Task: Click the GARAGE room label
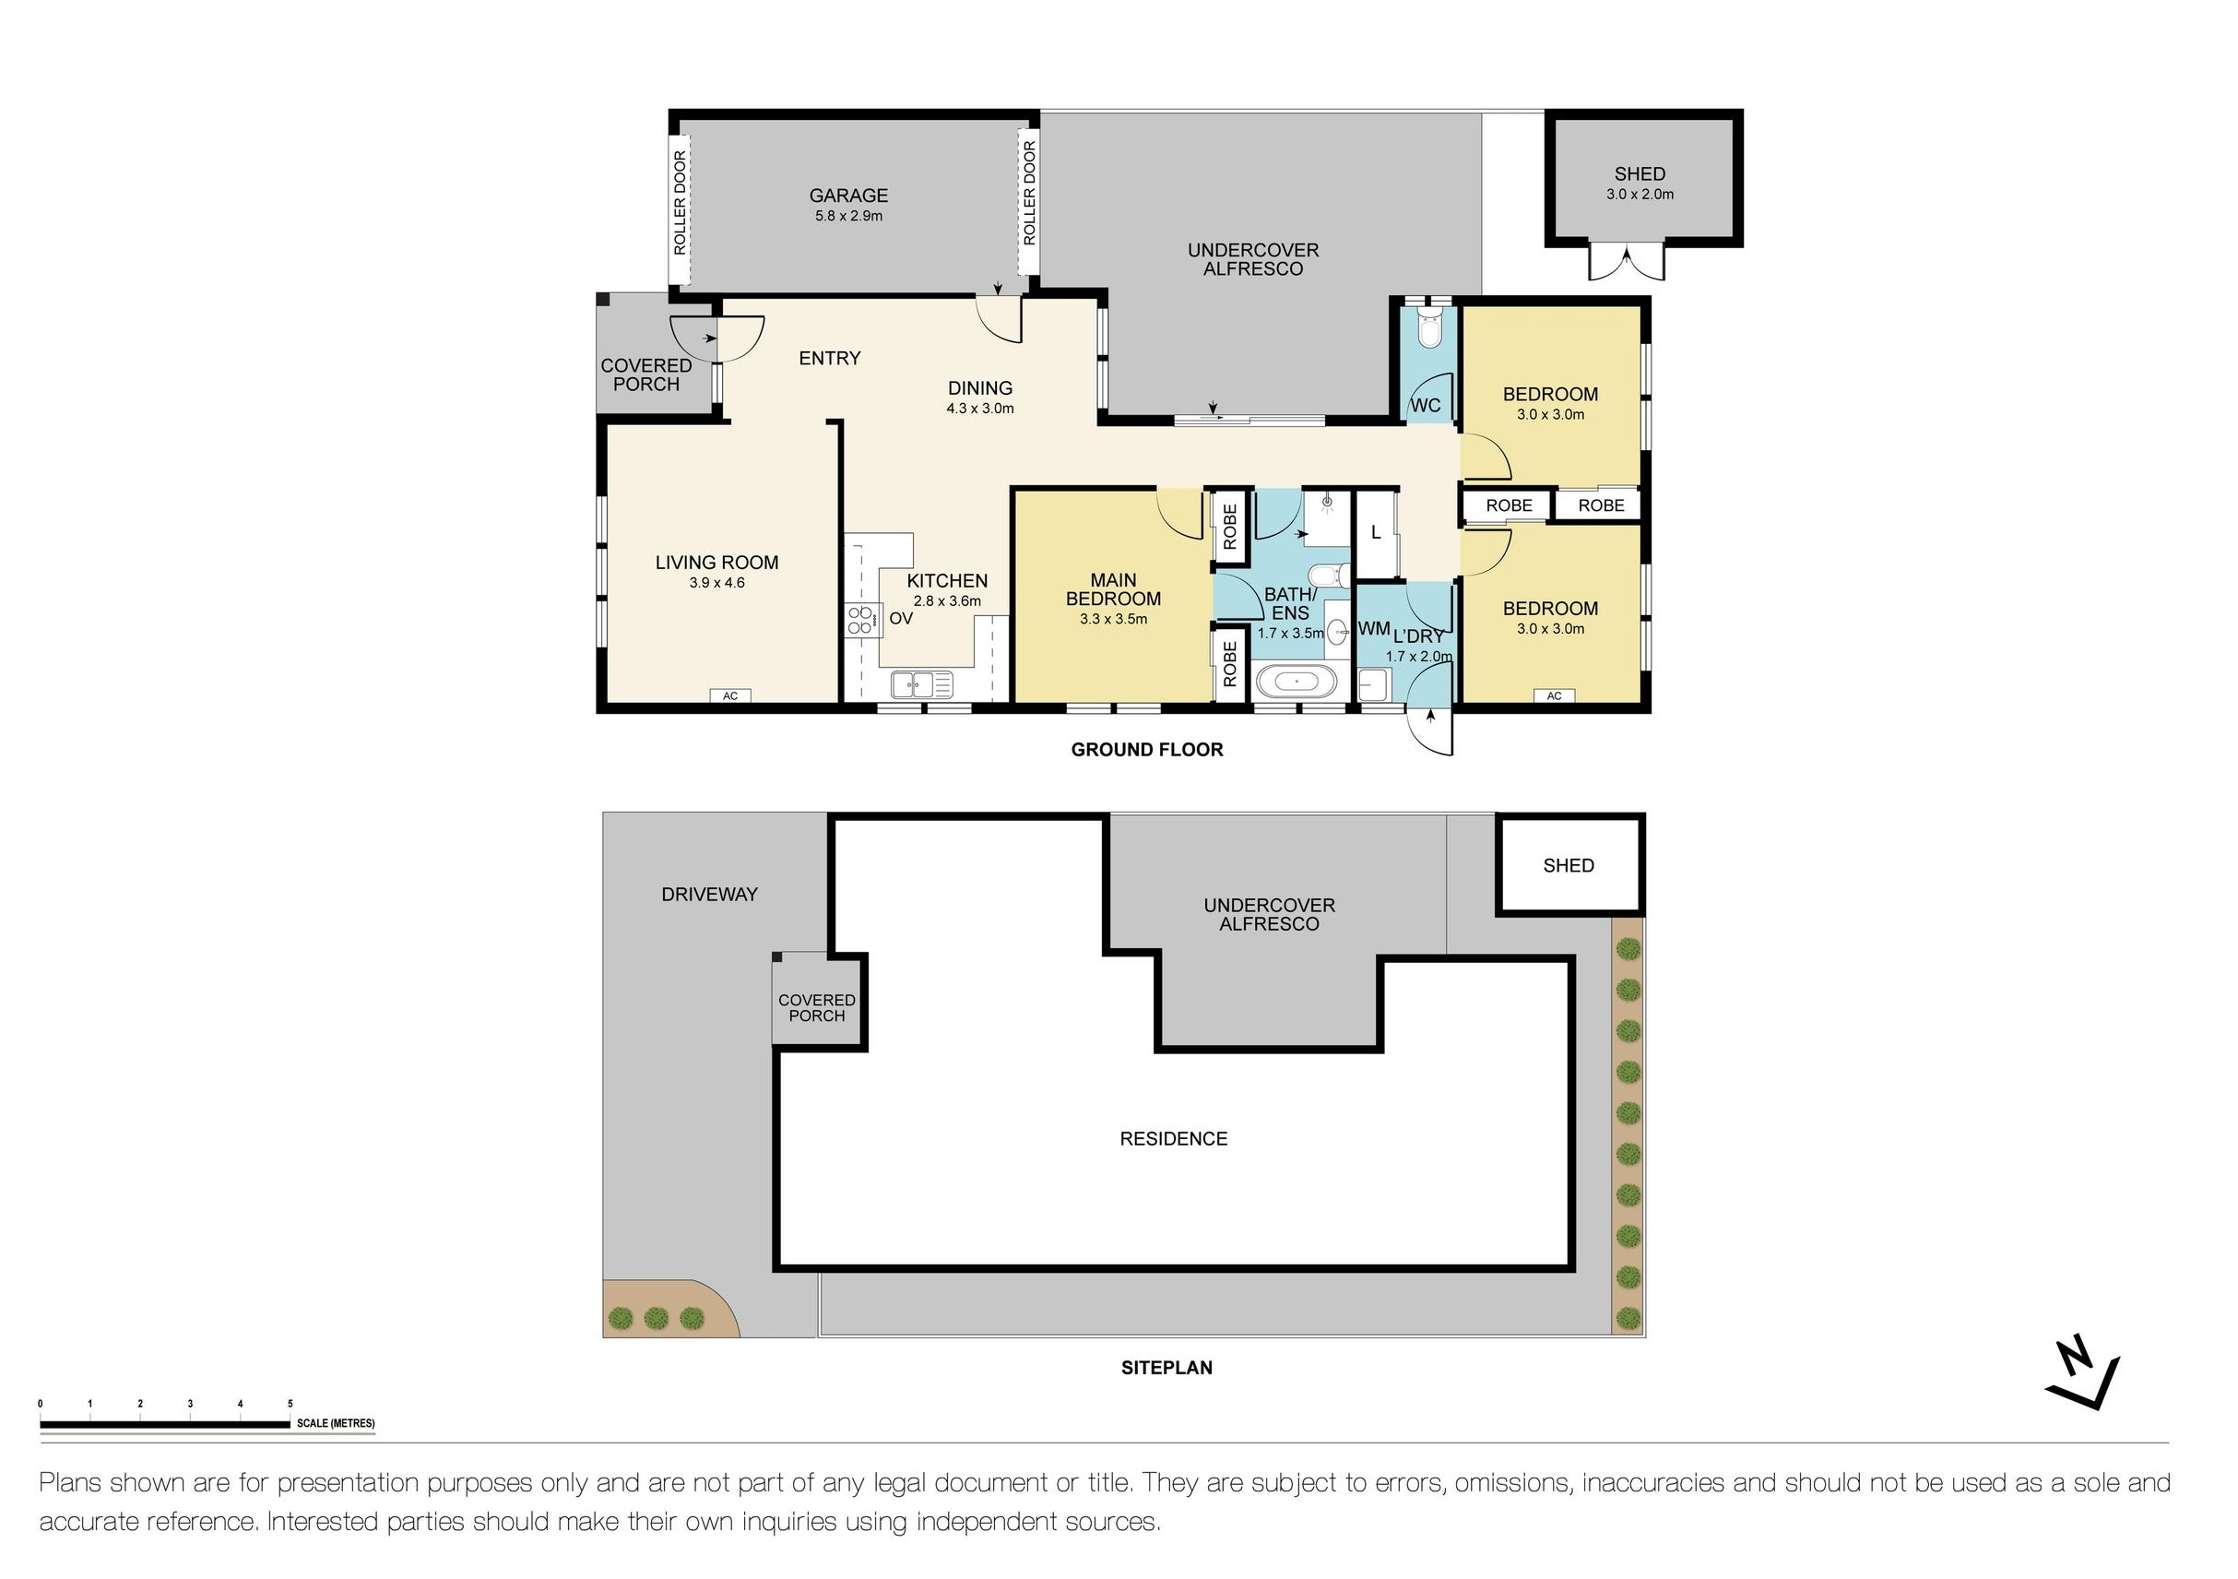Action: [x=848, y=196]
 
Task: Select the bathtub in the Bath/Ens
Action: [x=1296, y=683]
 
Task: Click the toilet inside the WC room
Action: [x=1429, y=331]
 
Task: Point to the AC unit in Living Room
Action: [x=730, y=696]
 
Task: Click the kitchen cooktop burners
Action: [x=859, y=620]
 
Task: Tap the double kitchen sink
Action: [x=921, y=686]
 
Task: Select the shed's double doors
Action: [x=1627, y=261]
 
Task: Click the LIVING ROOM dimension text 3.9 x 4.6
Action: [x=716, y=583]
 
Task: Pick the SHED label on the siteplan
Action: [x=1569, y=865]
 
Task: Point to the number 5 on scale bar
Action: [x=290, y=1404]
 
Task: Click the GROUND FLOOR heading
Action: [x=1146, y=750]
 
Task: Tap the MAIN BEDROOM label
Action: [x=1112, y=588]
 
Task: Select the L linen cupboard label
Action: [x=1376, y=532]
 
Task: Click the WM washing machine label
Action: [x=1373, y=629]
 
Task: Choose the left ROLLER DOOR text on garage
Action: [x=680, y=203]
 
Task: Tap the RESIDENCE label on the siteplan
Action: [x=1173, y=1138]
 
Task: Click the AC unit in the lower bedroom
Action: [x=1554, y=696]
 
